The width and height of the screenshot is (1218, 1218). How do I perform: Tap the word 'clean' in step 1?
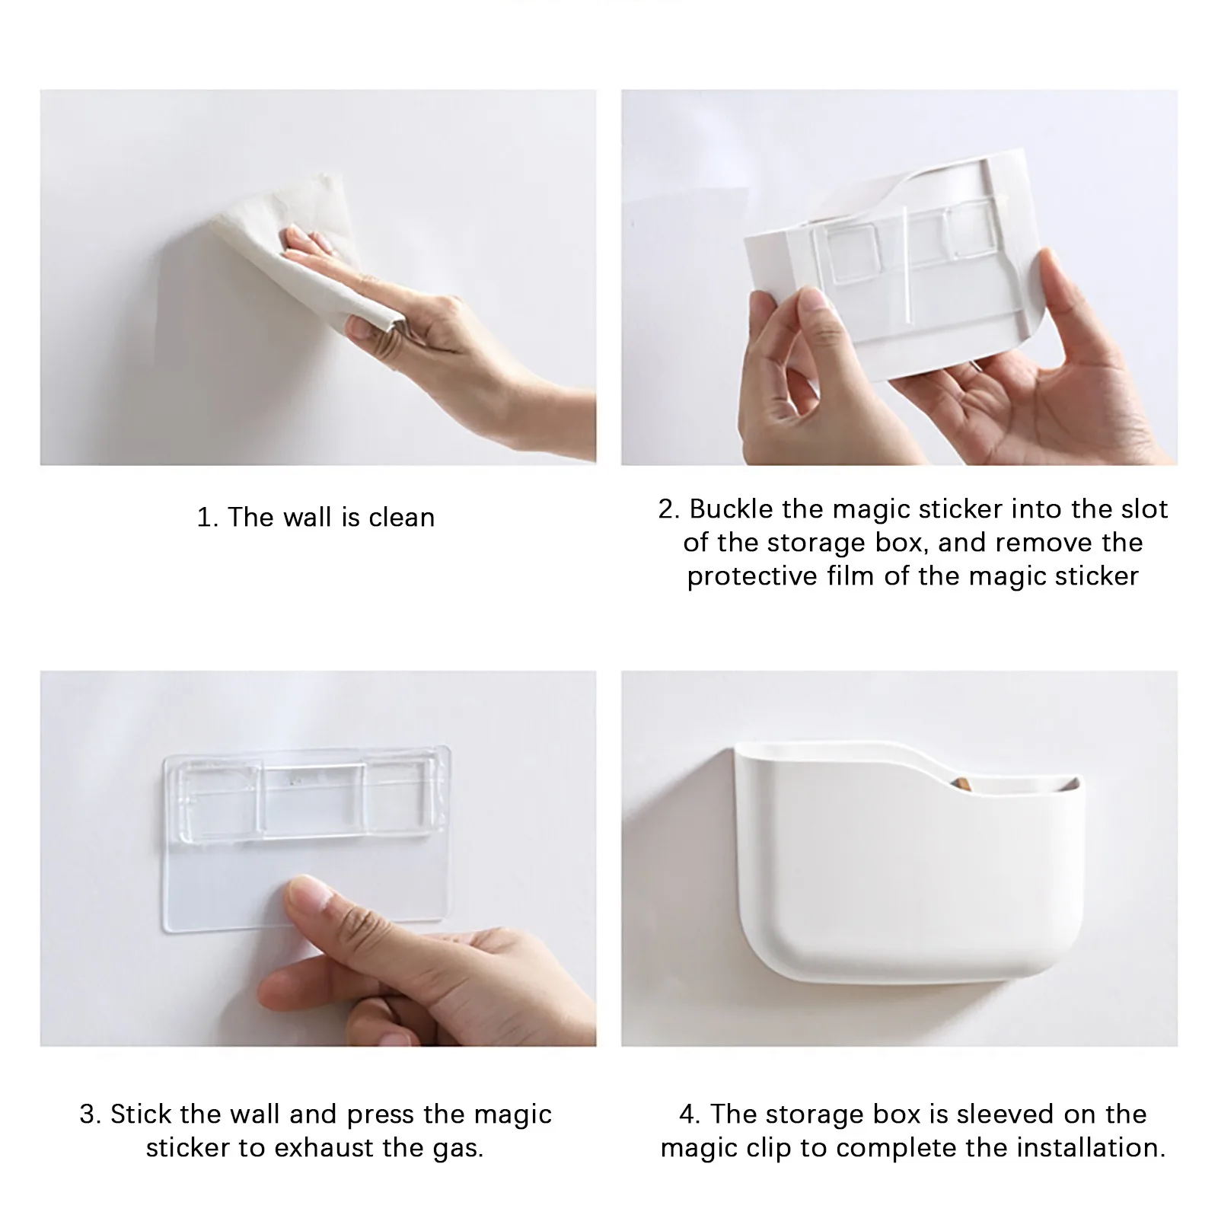pos(402,518)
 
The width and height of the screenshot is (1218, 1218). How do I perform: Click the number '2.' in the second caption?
pos(669,509)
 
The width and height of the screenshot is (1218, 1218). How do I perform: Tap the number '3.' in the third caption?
pos(91,1114)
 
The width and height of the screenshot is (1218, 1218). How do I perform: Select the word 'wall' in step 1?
pos(308,518)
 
